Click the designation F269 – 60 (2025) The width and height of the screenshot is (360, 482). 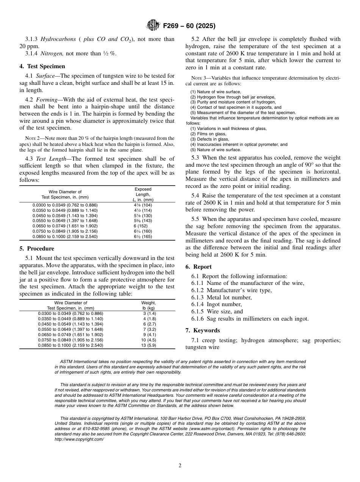point(189,26)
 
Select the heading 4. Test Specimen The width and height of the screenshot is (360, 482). point(42,66)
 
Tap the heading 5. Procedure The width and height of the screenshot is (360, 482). point(37,249)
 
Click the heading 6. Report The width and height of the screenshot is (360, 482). point(199,267)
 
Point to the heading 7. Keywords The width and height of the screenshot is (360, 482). point(202,330)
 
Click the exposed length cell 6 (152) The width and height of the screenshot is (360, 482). point(143,226)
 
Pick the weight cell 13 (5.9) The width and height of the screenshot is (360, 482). point(149,346)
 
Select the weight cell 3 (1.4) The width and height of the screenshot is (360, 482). point(149,314)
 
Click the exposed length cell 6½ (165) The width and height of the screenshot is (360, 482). point(143,236)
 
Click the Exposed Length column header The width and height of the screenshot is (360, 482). point(143,194)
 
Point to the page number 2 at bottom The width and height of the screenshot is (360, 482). point(180,466)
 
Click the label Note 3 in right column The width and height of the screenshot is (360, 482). point(200,78)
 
